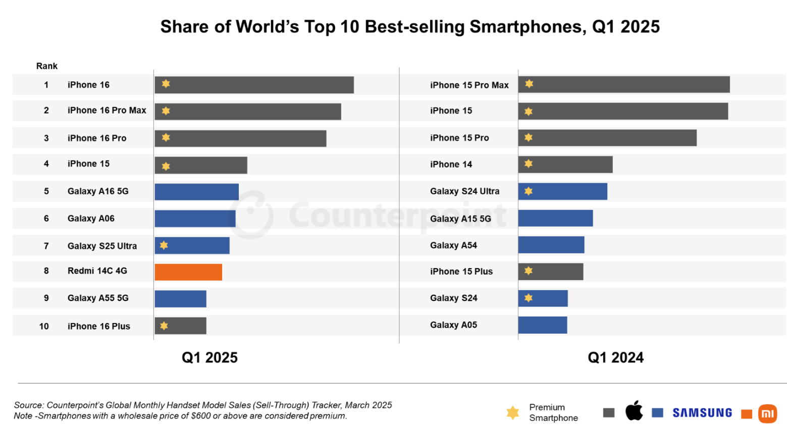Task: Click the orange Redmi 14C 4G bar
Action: click(x=188, y=272)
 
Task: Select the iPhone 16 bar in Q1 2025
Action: click(x=254, y=85)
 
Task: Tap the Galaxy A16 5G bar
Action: click(x=196, y=192)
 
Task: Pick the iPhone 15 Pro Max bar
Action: click(x=623, y=85)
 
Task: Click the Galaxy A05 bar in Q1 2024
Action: click(x=542, y=325)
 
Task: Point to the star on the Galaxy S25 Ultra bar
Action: click(x=164, y=245)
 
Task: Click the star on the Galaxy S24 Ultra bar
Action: click(x=529, y=191)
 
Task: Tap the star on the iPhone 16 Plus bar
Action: click(x=164, y=326)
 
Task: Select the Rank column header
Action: click(x=47, y=66)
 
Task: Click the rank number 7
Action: click(x=46, y=246)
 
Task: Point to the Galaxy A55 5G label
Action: click(x=98, y=298)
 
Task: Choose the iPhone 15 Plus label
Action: click(x=461, y=272)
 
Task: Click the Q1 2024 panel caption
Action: click(x=615, y=357)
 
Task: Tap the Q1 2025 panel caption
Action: click(x=209, y=357)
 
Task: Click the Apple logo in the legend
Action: click(x=634, y=411)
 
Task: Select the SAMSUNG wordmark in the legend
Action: click(x=702, y=413)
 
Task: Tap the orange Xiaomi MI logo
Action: click(x=767, y=414)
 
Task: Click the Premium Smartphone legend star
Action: click(x=512, y=412)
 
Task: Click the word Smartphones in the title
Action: click(x=528, y=27)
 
